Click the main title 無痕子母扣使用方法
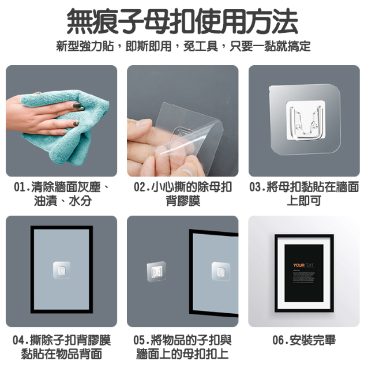click(183, 22)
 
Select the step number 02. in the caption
click(142, 187)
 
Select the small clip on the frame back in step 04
click(61, 269)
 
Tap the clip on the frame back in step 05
click(220, 270)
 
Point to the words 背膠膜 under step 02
click(183, 201)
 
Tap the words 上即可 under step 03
click(303, 201)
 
